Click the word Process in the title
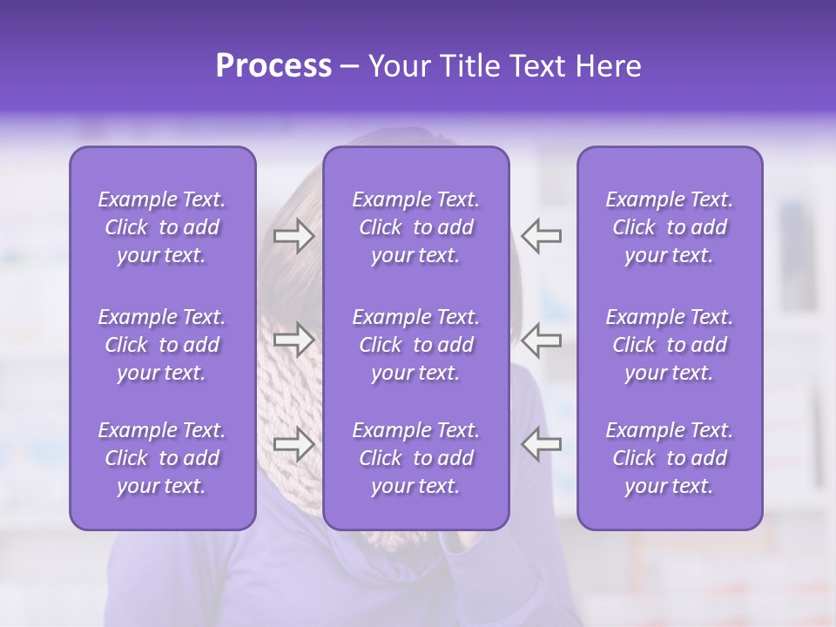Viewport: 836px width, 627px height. coord(273,65)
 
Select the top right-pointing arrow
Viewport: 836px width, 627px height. coord(293,236)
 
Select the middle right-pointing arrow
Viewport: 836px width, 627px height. coord(293,339)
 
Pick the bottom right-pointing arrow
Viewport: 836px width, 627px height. coord(293,444)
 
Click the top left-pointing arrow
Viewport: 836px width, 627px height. coord(541,235)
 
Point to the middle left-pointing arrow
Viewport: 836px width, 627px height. coord(541,339)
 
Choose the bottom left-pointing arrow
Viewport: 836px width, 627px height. coord(541,444)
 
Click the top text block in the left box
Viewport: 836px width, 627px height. coord(162,227)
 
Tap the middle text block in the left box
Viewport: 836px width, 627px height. coord(162,345)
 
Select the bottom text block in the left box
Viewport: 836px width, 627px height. coord(162,458)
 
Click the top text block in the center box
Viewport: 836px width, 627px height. coord(415,227)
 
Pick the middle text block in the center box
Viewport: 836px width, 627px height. coord(415,345)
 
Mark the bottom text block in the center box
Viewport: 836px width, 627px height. coord(415,458)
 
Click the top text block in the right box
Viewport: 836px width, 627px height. coord(669,227)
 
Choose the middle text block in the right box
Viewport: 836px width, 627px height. coord(669,345)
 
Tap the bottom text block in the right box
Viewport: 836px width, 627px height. coord(669,458)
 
